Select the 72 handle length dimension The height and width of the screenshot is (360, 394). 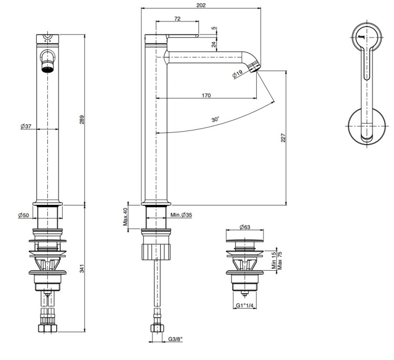tap(177, 18)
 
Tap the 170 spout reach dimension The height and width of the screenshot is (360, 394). tap(206, 96)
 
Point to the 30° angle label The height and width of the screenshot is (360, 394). tap(215, 120)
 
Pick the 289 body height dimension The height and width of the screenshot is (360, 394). tap(81, 119)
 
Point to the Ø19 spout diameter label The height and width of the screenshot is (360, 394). tap(237, 75)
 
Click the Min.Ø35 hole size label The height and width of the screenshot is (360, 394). tap(182, 215)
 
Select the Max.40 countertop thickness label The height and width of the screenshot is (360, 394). tap(126, 216)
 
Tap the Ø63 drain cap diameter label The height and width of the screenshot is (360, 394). tap(244, 227)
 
